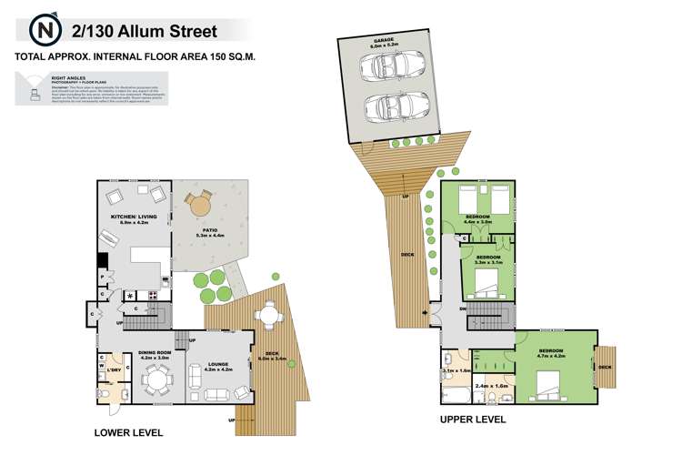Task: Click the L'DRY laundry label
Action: (115, 369)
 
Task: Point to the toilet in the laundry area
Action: (103, 394)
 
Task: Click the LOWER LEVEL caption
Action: (126, 432)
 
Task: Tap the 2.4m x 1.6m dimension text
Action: (491, 386)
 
